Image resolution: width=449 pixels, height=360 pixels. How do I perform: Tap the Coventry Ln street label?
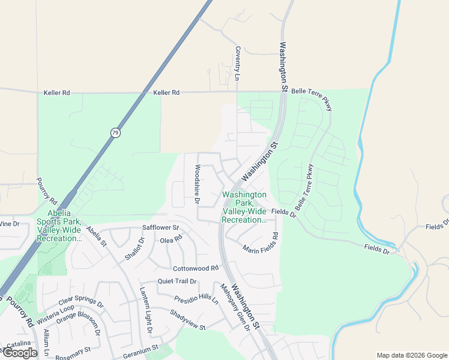238,64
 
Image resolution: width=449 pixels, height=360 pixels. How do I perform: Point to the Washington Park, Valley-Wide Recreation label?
244,208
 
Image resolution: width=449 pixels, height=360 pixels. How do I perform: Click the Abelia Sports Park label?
59,226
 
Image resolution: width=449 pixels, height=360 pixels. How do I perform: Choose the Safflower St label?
161,228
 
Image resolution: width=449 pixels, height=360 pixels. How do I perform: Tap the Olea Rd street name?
171,240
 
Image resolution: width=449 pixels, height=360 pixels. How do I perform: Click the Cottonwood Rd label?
195,268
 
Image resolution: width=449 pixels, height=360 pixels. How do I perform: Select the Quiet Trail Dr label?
177,281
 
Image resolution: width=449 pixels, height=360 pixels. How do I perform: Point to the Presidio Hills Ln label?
196,299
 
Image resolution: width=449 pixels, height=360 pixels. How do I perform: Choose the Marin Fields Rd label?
261,242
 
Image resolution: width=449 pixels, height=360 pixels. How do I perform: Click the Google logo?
19,353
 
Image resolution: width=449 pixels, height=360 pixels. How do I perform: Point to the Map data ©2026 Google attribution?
412,355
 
